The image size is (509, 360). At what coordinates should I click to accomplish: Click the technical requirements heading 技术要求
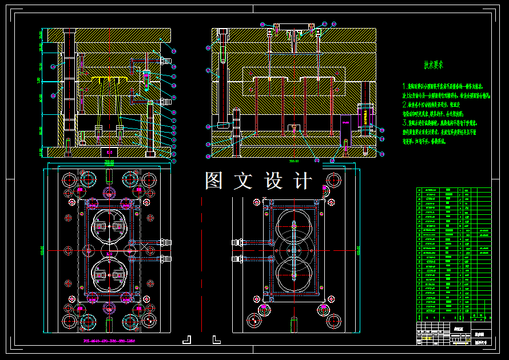[x=434, y=65]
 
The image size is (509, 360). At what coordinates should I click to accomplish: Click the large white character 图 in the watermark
[x=213, y=181]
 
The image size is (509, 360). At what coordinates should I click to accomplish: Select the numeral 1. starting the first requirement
[x=405, y=86]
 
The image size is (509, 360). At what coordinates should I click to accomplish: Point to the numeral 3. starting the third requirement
[x=405, y=122]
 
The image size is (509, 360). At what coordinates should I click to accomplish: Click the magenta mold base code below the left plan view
[x=109, y=341]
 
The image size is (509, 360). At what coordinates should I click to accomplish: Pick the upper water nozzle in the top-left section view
[x=166, y=59]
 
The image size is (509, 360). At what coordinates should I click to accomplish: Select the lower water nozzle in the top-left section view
[x=166, y=101]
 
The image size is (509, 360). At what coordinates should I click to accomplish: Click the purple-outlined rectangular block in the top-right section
[x=346, y=123]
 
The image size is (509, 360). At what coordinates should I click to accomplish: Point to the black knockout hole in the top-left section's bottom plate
[x=109, y=152]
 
